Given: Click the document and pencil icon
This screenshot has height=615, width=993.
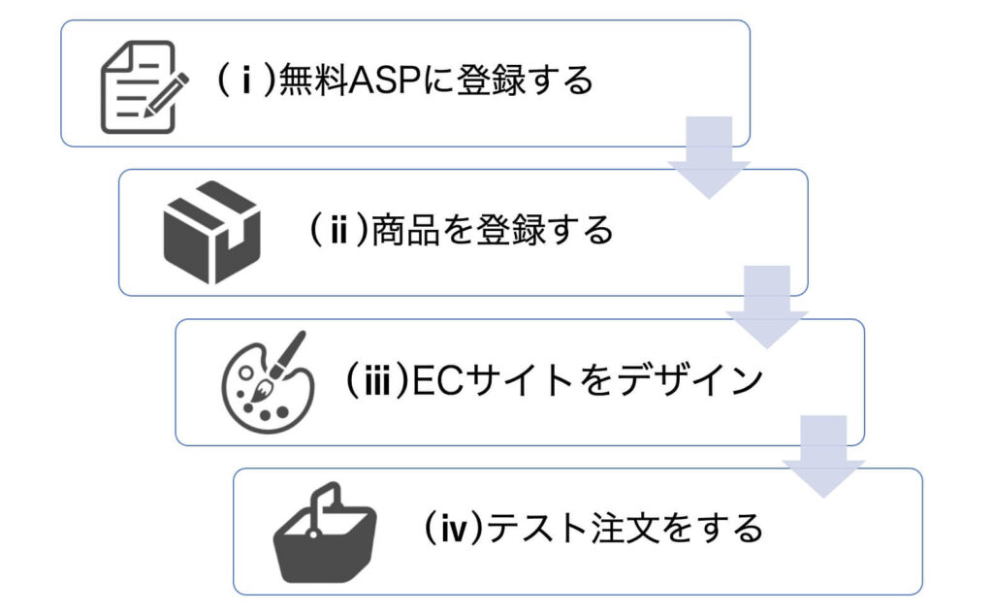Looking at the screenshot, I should [140, 86].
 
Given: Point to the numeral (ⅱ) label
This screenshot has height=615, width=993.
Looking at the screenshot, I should [338, 231].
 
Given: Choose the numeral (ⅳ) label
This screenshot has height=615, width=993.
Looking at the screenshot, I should [454, 529].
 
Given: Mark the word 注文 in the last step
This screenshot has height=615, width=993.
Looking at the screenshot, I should [621, 529].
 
